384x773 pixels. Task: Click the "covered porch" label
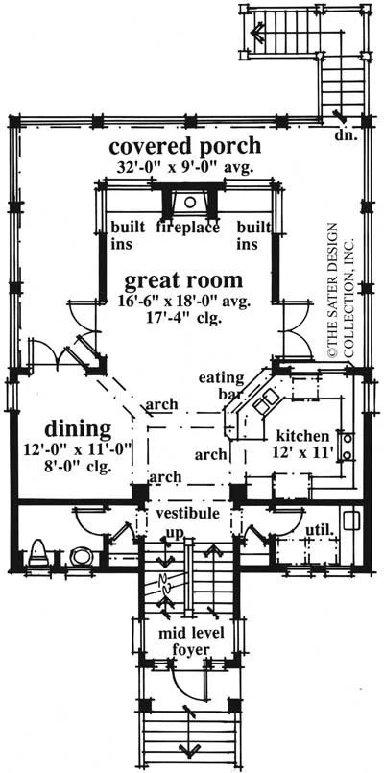pos(184,146)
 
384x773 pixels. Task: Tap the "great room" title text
pos(183,280)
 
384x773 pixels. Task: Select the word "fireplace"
pos(187,228)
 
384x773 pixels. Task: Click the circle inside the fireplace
pos(190,201)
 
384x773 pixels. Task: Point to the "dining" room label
pos(78,429)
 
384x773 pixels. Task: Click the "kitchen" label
pos(302,436)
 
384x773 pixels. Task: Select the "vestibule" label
pos(187,513)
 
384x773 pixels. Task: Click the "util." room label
pos(321,531)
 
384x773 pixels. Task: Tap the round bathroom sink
pos(80,556)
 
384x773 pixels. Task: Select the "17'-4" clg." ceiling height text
pos(183,318)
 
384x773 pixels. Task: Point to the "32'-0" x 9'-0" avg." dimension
pos(184,168)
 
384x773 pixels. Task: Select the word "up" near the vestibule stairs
pos(175,532)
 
